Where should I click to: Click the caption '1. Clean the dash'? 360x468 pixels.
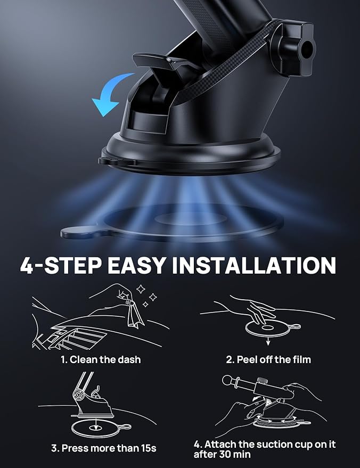click(100, 359)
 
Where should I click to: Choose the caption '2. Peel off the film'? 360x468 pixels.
click(268, 359)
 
